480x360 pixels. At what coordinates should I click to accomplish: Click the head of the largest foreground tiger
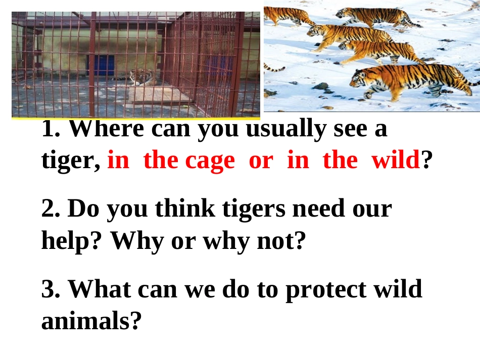(361, 78)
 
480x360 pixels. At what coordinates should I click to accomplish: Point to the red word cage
(210, 161)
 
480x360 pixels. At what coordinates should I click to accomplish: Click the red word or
(261, 161)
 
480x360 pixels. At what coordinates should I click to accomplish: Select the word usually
(286, 130)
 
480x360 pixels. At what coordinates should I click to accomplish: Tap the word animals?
(90, 321)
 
